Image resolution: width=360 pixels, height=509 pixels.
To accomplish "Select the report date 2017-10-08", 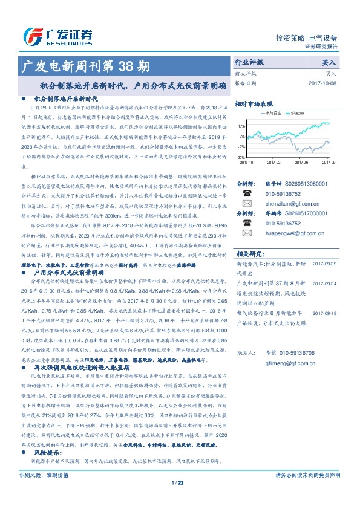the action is [322, 83].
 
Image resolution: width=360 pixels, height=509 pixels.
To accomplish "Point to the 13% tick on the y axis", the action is [241, 126].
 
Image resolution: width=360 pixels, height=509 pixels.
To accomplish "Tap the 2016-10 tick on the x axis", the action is [247, 162].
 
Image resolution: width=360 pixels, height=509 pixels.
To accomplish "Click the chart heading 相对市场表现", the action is [254, 103].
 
